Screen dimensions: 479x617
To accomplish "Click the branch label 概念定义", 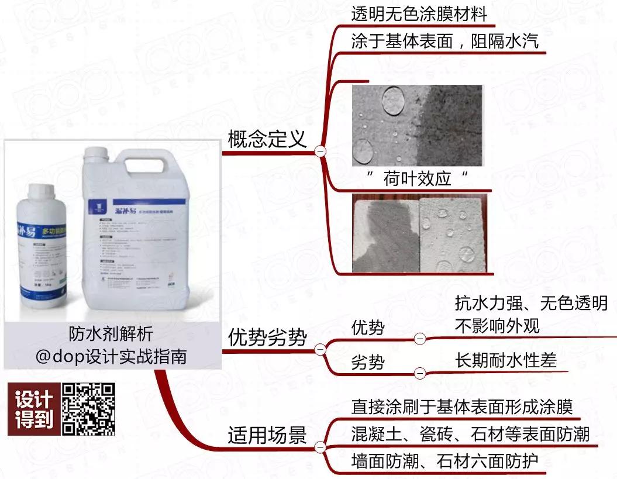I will coord(267,139).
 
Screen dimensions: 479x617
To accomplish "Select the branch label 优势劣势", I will coord(267,337).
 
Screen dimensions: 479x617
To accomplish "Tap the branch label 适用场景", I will coord(267,435).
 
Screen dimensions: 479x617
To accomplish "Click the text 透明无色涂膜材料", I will coord(419,15).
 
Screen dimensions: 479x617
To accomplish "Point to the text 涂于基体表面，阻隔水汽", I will coord(445,42).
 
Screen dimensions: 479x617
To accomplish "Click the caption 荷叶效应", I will coord(418,178).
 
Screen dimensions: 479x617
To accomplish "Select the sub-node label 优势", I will coord(368,328).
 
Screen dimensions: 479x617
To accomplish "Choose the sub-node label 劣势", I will coord(368,363).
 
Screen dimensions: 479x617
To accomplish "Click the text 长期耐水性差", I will coord(505,361).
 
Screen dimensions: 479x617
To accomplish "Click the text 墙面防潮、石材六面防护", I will coord(444,461).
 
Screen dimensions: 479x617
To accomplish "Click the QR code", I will coord(88,409).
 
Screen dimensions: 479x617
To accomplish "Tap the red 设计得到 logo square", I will coord(33,409).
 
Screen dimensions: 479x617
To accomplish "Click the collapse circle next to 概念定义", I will coord(320,151).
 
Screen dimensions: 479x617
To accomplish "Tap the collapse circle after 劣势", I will coord(419,373).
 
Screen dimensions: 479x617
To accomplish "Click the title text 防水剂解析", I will coord(110,334).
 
